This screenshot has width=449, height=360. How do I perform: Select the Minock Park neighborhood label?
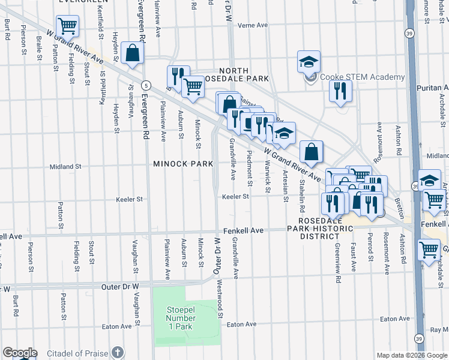pyautogui.click(x=183, y=163)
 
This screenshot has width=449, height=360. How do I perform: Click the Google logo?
pyautogui.click(x=20, y=353)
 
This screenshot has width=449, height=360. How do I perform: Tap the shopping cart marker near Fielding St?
pyautogui.click(x=67, y=26)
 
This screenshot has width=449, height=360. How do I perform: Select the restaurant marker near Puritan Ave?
pyautogui.click(x=340, y=91)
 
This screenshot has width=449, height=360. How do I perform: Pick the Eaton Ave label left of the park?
pyautogui.click(x=117, y=326)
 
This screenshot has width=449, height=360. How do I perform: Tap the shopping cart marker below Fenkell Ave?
pyautogui.click(x=429, y=249)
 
